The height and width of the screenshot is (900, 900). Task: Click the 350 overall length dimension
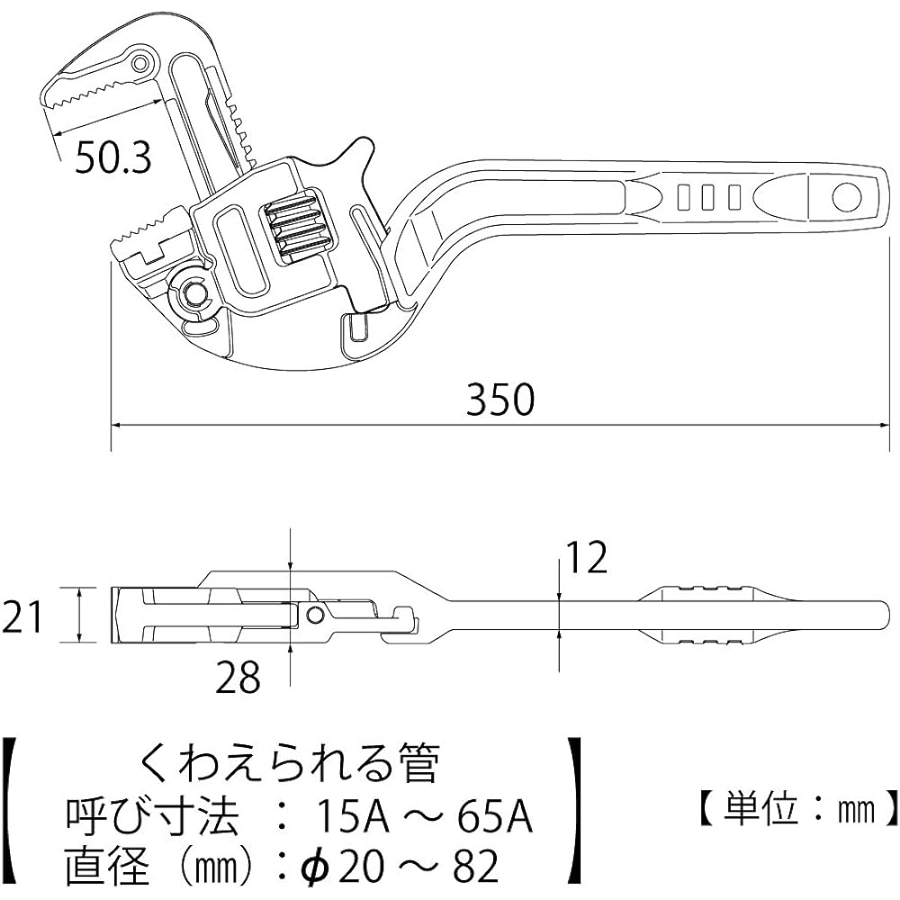pyautogui.click(x=500, y=399)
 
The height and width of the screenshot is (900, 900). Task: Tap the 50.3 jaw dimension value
pyautogui.click(x=112, y=158)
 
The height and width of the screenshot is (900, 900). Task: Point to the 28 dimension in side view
pyautogui.click(x=238, y=676)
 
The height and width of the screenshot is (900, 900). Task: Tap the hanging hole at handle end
pyautogui.click(x=845, y=195)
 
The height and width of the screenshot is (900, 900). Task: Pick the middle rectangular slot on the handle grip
pyautogui.click(x=708, y=195)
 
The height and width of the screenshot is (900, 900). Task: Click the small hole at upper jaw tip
pyautogui.click(x=139, y=62)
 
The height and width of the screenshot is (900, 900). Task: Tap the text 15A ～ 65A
pyautogui.click(x=423, y=819)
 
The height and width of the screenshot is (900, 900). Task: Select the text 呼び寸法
pyautogui.click(x=153, y=819)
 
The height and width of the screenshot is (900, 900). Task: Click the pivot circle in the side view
pyautogui.click(x=314, y=615)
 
